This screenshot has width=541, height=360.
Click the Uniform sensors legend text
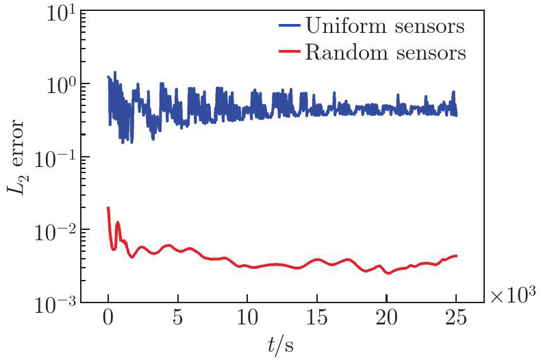[x=386, y=27]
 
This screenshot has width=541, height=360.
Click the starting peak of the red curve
[x=108, y=207]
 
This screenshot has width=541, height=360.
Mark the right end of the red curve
[x=456, y=256]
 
